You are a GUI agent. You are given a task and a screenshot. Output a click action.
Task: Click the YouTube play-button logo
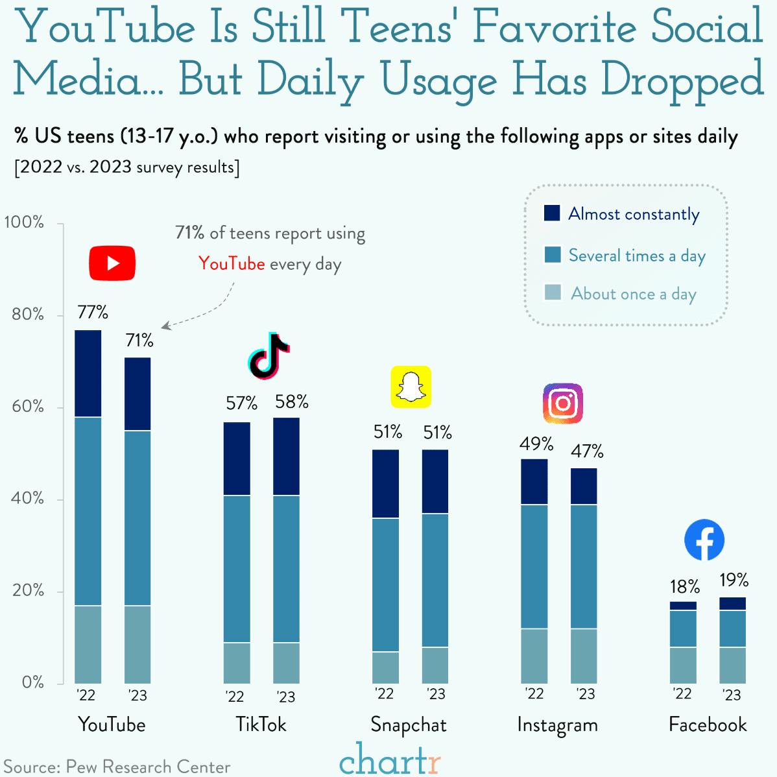(112, 263)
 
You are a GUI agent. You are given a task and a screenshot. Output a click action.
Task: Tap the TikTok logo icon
(268, 356)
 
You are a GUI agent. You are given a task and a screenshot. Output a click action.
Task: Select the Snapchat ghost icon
(410, 387)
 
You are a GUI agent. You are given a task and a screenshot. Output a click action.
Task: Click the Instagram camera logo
(562, 403)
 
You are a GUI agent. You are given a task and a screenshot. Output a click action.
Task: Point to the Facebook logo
(704, 540)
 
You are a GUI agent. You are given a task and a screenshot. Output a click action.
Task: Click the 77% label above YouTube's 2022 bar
(93, 313)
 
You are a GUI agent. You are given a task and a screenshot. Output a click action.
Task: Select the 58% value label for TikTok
(291, 402)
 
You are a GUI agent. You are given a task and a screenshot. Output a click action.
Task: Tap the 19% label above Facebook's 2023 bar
(734, 580)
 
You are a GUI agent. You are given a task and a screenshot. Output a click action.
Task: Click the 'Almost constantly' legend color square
(552, 213)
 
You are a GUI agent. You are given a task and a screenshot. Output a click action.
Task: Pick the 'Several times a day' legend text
(636, 256)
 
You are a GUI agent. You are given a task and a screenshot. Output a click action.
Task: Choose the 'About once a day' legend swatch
(552, 293)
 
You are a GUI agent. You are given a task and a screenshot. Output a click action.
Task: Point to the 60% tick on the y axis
(27, 407)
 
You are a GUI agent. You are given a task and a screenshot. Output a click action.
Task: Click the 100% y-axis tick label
(24, 222)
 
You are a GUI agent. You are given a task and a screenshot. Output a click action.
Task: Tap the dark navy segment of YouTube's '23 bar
(137, 394)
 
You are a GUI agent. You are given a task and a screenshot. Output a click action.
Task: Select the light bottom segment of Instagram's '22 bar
(534, 655)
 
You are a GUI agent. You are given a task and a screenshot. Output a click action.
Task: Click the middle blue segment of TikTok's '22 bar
(237, 568)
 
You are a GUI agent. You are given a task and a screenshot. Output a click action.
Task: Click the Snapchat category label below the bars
(409, 724)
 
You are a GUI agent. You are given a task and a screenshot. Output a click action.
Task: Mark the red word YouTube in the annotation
(232, 263)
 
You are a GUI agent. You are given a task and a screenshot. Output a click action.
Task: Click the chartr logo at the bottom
(389, 759)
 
